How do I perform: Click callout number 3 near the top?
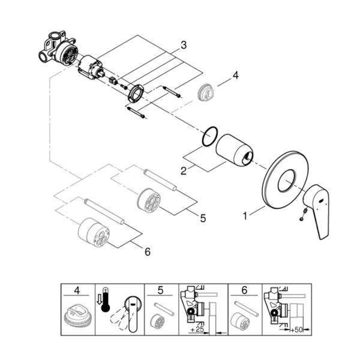pyautogui.click(x=184, y=45)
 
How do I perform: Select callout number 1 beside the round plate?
pyautogui.click(x=245, y=216)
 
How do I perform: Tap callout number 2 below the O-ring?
pyautogui.click(x=184, y=171)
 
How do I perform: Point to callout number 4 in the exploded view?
pyautogui.click(x=236, y=76)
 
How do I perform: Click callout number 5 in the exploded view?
pyautogui.click(x=203, y=218)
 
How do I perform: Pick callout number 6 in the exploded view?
pyautogui.click(x=148, y=252)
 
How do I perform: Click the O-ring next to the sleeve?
pyautogui.click(x=209, y=136)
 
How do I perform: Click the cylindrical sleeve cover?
pyautogui.click(x=234, y=150)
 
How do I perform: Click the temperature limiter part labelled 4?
pyautogui.click(x=206, y=92)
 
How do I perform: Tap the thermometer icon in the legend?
pyautogui.click(x=105, y=299)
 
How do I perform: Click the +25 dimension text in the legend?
pyautogui.click(x=197, y=329)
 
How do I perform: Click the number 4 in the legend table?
pyautogui.click(x=77, y=290)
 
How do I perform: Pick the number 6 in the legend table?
pyautogui.click(x=244, y=290)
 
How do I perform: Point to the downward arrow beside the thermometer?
pyautogui.click(x=99, y=299)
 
